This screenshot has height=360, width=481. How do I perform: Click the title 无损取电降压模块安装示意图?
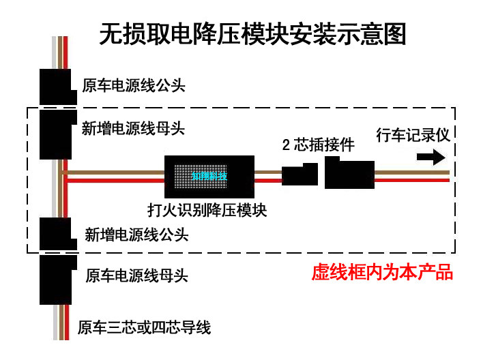pos(252,33)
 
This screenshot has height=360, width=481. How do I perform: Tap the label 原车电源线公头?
pos(134,87)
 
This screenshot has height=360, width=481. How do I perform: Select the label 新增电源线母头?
pos(133,128)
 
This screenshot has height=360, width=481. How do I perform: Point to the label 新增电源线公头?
pos(136,235)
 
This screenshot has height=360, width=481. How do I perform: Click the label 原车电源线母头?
pos(136,276)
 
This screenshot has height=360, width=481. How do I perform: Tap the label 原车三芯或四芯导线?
pos(144,328)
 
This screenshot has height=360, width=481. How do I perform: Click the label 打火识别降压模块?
pos(207,210)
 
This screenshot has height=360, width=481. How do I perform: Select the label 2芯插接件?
pos(319,145)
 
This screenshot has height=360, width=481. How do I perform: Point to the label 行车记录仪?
pos(413,134)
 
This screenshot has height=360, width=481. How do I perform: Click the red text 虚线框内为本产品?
pos(382,273)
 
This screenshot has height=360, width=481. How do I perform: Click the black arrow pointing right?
pos(429,157)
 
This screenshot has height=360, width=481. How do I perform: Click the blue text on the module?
pos(209,176)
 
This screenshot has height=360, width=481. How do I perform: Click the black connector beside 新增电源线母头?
pos(56,133)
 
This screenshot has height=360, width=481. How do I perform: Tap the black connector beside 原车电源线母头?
pos(56,280)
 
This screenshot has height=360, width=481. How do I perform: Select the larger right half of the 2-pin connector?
pos(349,173)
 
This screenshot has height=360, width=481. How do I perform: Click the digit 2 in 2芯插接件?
pos(287,145)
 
